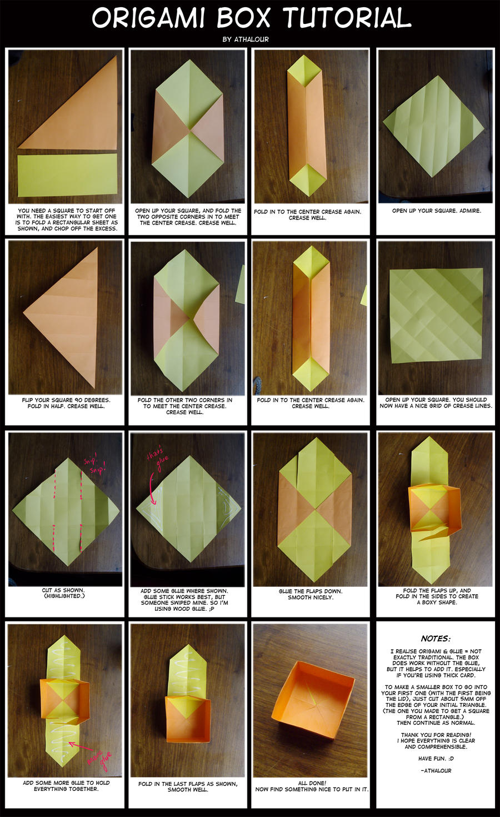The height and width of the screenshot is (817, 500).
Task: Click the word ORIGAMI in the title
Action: (x=148, y=18)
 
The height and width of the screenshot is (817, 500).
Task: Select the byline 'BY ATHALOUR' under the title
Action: (x=246, y=39)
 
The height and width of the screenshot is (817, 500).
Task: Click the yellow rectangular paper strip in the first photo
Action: (x=67, y=175)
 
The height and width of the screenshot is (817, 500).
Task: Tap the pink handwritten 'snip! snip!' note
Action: (x=95, y=465)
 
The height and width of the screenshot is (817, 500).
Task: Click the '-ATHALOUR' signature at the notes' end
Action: (x=436, y=771)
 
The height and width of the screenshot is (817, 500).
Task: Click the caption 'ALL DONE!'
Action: (x=312, y=783)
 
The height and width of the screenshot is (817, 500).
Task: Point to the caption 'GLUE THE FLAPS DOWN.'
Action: (x=311, y=591)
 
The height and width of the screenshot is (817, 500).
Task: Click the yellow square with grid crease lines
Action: (x=436, y=316)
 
